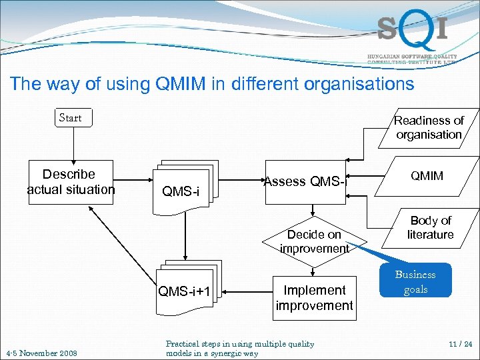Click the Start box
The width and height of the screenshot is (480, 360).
(x=71, y=119)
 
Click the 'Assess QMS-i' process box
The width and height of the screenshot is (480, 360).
(x=305, y=181)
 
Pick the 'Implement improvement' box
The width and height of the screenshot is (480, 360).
(x=314, y=297)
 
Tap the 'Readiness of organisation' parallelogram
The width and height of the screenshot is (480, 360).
(x=429, y=127)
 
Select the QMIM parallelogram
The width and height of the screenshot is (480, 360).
(x=427, y=176)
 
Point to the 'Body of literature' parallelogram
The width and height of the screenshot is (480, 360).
(x=430, y=227)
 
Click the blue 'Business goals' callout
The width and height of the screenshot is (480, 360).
(x=415, y=282)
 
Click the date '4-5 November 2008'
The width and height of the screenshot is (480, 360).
(x=41, y=353)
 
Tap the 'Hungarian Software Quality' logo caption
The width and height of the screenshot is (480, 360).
(x=412, y=57)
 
